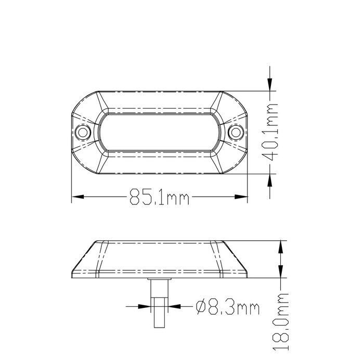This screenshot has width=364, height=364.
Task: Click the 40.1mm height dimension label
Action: [271, 133]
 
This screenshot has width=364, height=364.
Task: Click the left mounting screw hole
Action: [82, 132]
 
